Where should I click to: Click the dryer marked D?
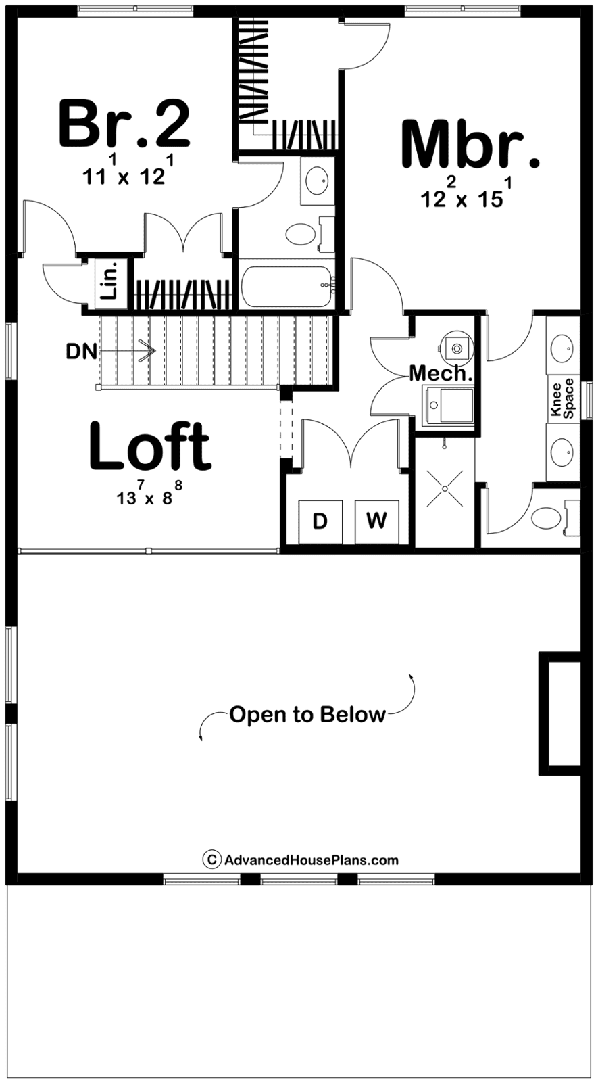click(x=320, y=521)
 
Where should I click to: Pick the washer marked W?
click(x=377, y=521)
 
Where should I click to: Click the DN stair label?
click(x=82, y=351)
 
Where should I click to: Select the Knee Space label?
click(x=563, y=399)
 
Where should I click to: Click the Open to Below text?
click(x=307, y=714)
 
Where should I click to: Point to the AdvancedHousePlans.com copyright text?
click(x=301, y=860)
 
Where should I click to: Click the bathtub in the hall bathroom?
click(x=287, y=287)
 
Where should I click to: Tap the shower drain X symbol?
click(x=445, y=489)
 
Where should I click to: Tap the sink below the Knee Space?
click(x=563, y=452)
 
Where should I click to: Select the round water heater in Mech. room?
click(x=455, y=346)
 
